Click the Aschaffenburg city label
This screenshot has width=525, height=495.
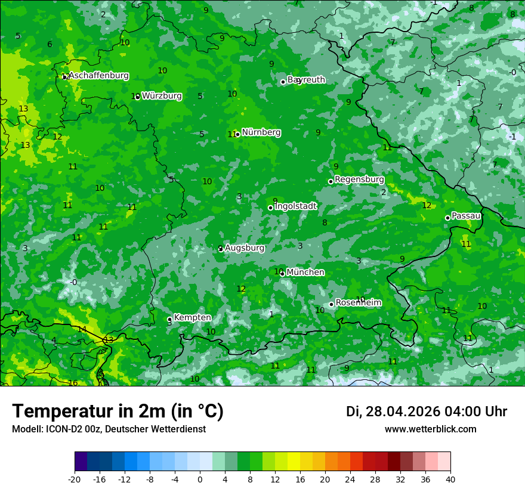coord(98,76)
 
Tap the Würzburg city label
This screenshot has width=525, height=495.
coord(162,96)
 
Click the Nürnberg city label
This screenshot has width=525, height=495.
coord(261,132)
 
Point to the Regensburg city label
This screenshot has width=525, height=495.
coord(359,180)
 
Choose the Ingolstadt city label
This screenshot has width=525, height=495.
coord(295,206)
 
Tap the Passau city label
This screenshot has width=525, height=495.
coord(466,216)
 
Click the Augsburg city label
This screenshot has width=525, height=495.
coord(245,247)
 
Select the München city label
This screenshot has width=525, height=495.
coord(305,273)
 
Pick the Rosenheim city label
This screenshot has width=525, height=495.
coord(358,303)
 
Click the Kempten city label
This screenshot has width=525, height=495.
coord(192,318)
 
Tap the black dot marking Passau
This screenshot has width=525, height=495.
coord(447,218)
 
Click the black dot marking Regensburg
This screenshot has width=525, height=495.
coord(331,181)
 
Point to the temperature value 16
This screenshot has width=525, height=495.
coord(73,383)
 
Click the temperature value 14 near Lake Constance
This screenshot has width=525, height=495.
coord(82,330)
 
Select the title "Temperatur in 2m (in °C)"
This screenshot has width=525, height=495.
coord(118,412)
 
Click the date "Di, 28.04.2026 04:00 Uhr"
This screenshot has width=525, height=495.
coord(426,412)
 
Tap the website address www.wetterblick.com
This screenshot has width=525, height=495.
coord(430,429)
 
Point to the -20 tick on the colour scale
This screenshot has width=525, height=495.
coord(75,479)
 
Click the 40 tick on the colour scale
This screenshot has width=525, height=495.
coord(450,479)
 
